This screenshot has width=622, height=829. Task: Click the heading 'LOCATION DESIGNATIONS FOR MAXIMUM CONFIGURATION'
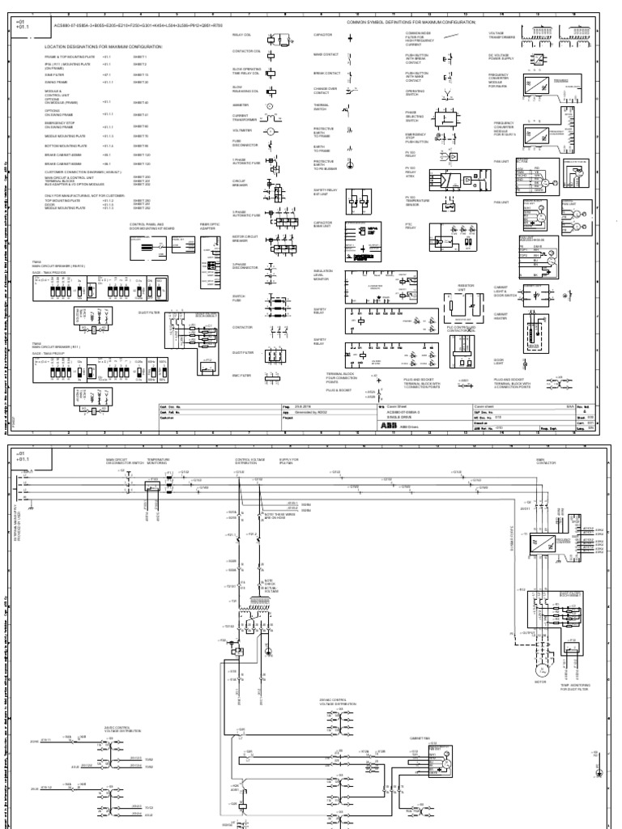(x=103, y=47)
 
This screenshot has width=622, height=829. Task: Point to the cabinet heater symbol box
(x=534, y=328)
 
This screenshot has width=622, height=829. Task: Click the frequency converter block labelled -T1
(x=539, y=544)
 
